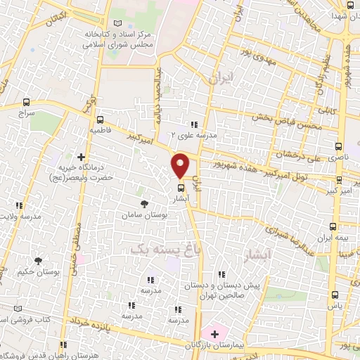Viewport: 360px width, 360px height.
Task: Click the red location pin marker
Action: click(181, 166)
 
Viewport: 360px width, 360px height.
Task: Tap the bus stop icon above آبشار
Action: click(181, 187)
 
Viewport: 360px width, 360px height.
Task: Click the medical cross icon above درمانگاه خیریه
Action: click(82, 157)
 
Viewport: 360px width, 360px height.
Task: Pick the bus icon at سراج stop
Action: click(27, 102)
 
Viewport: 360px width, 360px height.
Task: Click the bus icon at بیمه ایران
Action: click(333, 226)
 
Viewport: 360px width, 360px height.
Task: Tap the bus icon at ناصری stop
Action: click(338, 147)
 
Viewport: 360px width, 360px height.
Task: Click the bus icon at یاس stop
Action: click(333, 295)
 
